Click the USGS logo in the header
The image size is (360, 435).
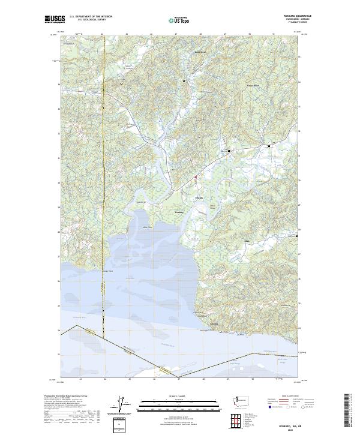pyautogui.click(x=55, y=19)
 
